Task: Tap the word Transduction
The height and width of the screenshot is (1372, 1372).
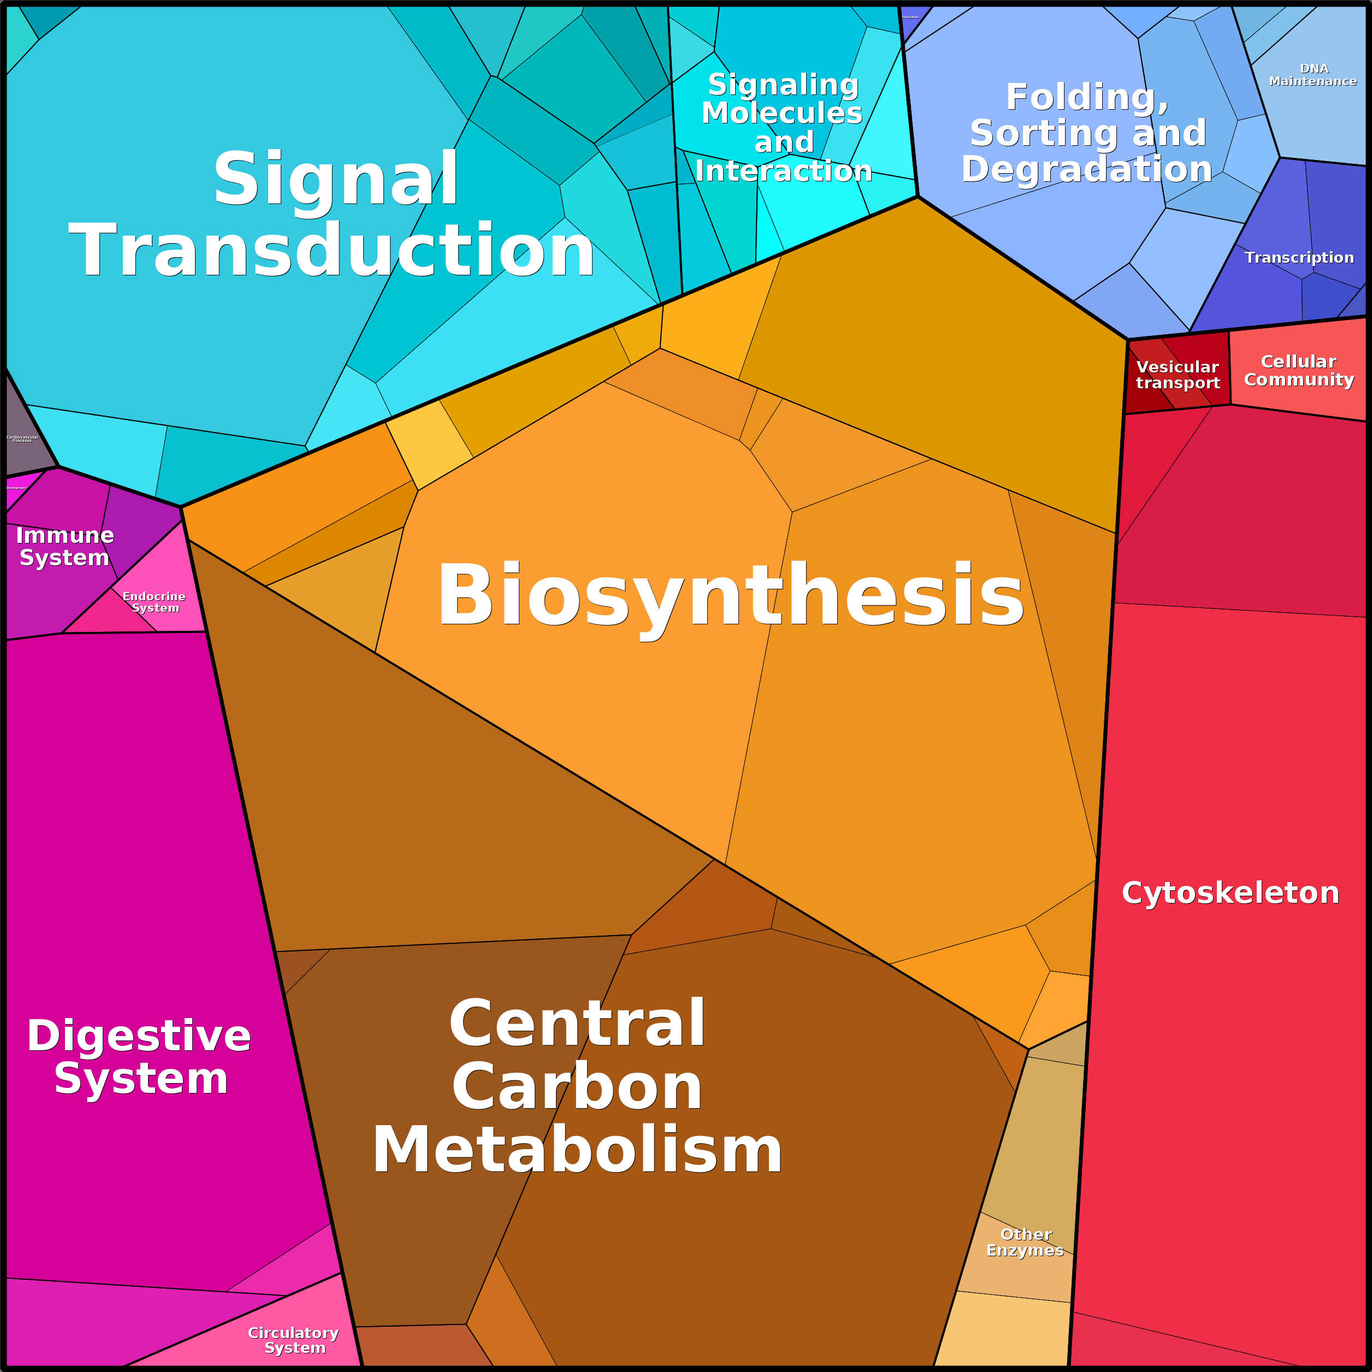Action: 332,250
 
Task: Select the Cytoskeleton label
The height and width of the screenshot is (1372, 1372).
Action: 1230,892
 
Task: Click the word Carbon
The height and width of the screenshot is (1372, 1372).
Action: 577,1087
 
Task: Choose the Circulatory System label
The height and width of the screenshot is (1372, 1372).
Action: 293,1339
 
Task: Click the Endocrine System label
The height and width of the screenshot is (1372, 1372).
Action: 154,601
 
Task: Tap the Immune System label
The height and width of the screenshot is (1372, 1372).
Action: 64,546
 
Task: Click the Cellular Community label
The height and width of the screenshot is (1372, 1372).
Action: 1298,371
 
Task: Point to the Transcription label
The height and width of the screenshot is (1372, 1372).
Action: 1299,257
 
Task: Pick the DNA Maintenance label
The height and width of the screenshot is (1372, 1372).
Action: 1313,75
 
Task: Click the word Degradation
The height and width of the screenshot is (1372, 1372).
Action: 1086,169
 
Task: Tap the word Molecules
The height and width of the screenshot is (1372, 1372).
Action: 782,113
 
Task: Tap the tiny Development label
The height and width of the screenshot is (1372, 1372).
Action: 16,488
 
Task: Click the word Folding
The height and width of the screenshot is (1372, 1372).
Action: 1086,97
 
